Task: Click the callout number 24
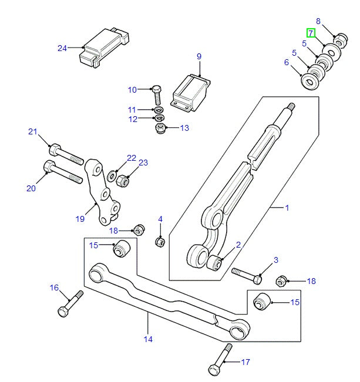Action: click(62, 48)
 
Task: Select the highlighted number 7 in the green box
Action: click(311, 33)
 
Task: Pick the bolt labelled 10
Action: click(157, 93)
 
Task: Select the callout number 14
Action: click(147, 339)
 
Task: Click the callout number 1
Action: click(287, 208)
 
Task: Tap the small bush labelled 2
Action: click(215, 262)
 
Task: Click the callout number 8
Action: click(318, 21)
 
